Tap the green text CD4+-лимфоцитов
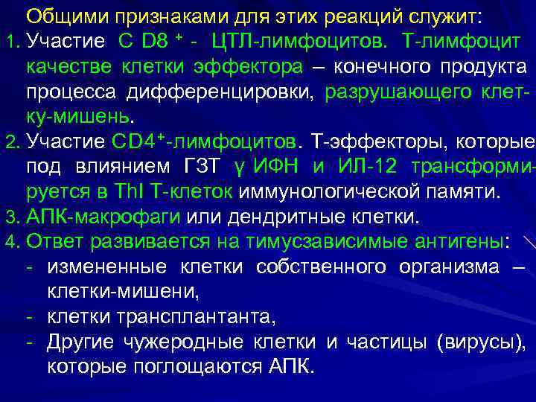point(205,141)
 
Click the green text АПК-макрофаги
point(103,218)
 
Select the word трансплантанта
point(196,318)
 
